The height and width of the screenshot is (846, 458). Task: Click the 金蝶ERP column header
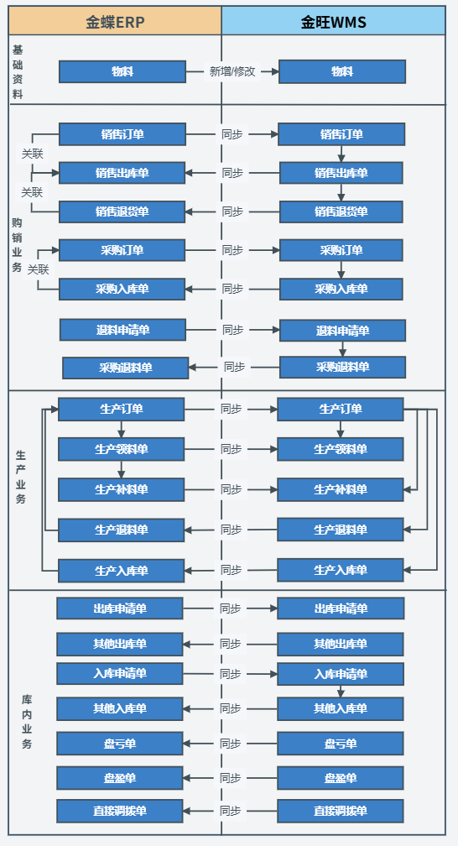pyautogui.click(x=115, y=21)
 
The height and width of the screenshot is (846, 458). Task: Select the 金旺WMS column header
pyautogui.click(x=333, y=21)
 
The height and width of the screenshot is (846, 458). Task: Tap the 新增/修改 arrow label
pyautogui.click(x=232, y=71)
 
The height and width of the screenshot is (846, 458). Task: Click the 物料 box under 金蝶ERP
pyautogui.click(x=122, y=71)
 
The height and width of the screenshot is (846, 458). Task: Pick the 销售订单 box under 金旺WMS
pyautogui.click(x=341, y=134)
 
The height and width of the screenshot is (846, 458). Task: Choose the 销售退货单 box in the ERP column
pyautogui.click(x=122, y=211)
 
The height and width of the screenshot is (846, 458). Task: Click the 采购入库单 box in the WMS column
pyautogui.click(x=341, y=290)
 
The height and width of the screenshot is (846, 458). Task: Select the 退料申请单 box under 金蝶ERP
pyautogui.click(x=123, y=330)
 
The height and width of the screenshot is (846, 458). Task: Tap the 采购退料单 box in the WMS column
pyautogui.click(x=342, y=368)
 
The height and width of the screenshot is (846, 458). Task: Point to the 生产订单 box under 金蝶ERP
pyautogui.click(x=122, y=409)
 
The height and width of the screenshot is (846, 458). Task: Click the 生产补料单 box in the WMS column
pyautogui.click(x=341, y=489)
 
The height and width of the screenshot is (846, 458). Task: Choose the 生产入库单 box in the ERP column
pyautogui.click(x=122, y=571)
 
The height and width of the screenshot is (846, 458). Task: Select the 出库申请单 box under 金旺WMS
pyautogui.click(x=341, y=608)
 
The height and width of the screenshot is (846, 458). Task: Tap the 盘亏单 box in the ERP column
pyautogui.click(x=120, y=744)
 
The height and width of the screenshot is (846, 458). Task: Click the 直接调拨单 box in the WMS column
pyautogui.click(x=341, y=811)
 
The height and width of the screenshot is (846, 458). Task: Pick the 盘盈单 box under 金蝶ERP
pyautogui.click(x=120, y=778)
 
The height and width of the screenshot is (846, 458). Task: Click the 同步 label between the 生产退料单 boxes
pyautogui.click(x=231, y=530)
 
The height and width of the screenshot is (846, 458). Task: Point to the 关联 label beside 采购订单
pyautogui.click(x=39, y=269)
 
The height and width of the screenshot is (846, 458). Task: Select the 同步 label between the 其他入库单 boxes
pyautogui.click(x=231, y=708)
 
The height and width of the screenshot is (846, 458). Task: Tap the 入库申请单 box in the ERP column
pyautogui.click(x=120, y=674)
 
